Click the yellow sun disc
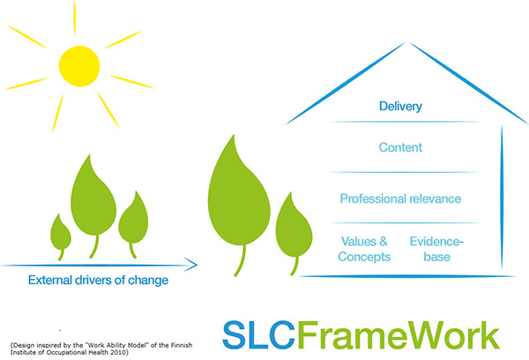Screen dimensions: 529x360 (x=79, y=66)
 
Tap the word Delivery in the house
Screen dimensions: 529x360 (x=400, y=107)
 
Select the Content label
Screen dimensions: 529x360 (x=400, y=147)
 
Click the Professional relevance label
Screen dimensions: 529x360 (x=400, y=199)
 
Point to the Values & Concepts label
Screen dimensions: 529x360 (x=364, y=249)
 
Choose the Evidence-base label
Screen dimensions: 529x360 (x=437, y=249)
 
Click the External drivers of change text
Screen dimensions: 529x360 (x=98, y=281)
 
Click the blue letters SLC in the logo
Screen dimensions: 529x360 (x=259, y=335)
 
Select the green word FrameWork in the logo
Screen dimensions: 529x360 (x=399, y=335)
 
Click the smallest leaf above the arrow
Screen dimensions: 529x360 (x=61, y=236)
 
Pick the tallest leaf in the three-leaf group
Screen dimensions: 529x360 (x=93, y=206)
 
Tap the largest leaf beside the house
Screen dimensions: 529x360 (x=239, y=203)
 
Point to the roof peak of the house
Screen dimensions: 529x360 (x=406, y=43)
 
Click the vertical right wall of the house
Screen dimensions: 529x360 (x=502, y=197)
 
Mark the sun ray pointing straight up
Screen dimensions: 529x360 (x=75, y=18)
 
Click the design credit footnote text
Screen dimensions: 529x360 (x=101, y=349)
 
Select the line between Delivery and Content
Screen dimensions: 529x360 (x=405, y=121)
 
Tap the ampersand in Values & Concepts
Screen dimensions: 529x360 (x=384, y=242)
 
